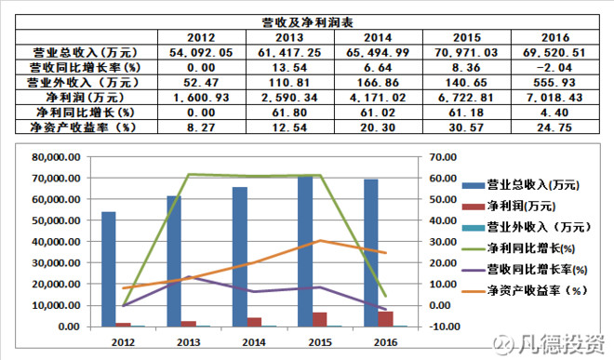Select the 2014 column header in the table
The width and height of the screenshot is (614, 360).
tap(377, 36)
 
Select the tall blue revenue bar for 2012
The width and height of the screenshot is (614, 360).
tap(109, 269)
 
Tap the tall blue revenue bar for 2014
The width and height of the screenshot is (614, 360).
tap(240, 257)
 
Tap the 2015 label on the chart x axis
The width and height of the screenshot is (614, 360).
tap(318, 342)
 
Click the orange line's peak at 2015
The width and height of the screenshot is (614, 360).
tap(318, 241)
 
